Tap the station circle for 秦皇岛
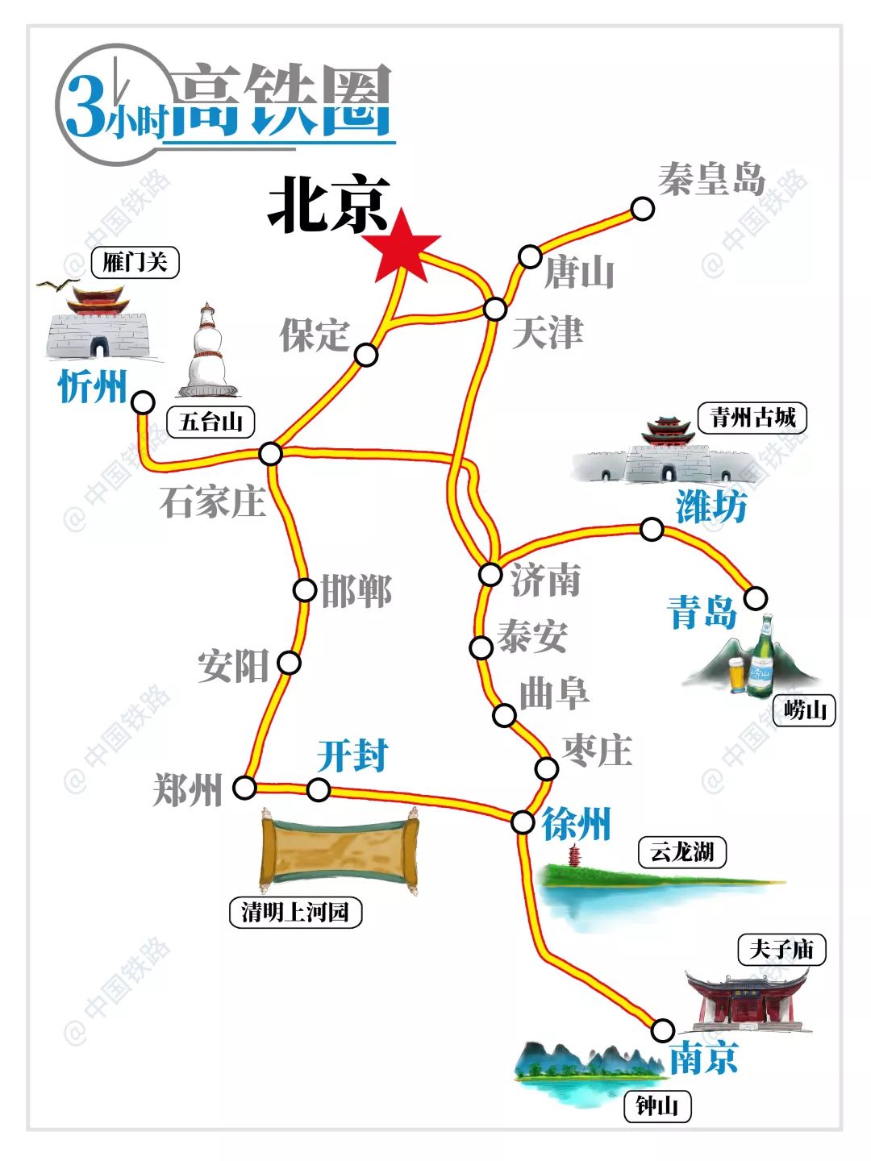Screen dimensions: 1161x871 (x=642, y=209)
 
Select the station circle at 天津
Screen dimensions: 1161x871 (x=495, y=309)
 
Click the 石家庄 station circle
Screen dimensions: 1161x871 (x=270, y=454)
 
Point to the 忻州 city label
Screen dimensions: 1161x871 (x=93, y=387)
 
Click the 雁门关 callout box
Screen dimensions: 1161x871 (x=135, y=262)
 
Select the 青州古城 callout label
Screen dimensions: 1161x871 (x=752, y=418)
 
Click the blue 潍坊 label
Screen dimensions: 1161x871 (x=711, y=507)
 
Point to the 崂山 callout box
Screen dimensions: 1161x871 (x=805, y=710)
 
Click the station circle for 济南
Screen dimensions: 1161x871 (x=490, y=574)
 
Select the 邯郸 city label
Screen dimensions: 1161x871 (x=356, y=591)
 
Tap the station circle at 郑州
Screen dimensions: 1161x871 (x=244, y=788)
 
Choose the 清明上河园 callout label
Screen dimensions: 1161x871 (x=295, y=912)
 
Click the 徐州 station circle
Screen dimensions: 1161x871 (x=523, y=822)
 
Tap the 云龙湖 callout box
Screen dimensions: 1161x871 (x=681, y=851)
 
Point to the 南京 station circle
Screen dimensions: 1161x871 (x=662, y=1030)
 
